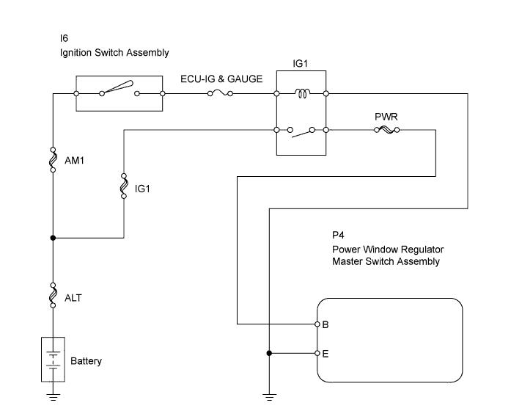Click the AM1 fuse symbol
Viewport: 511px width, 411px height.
point(53,160)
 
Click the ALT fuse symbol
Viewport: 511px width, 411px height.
point(53,296)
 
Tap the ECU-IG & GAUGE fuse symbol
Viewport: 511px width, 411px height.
point(219,93)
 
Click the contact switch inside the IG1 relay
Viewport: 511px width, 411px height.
point(301,133)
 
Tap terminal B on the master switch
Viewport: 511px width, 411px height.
point(317,324)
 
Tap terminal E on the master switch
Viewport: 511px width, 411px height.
point(317,353)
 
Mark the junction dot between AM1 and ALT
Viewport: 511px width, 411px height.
point(53,238)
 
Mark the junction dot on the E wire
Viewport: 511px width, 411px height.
point(270,353)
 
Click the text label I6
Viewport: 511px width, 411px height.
point(64,37)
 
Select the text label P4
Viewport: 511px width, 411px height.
point(337,235)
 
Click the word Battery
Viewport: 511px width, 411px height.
point(86,361)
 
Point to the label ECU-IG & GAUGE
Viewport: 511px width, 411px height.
point(221,79)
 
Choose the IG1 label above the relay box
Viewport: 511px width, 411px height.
point(301,64)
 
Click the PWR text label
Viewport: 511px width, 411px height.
point(386,116)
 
